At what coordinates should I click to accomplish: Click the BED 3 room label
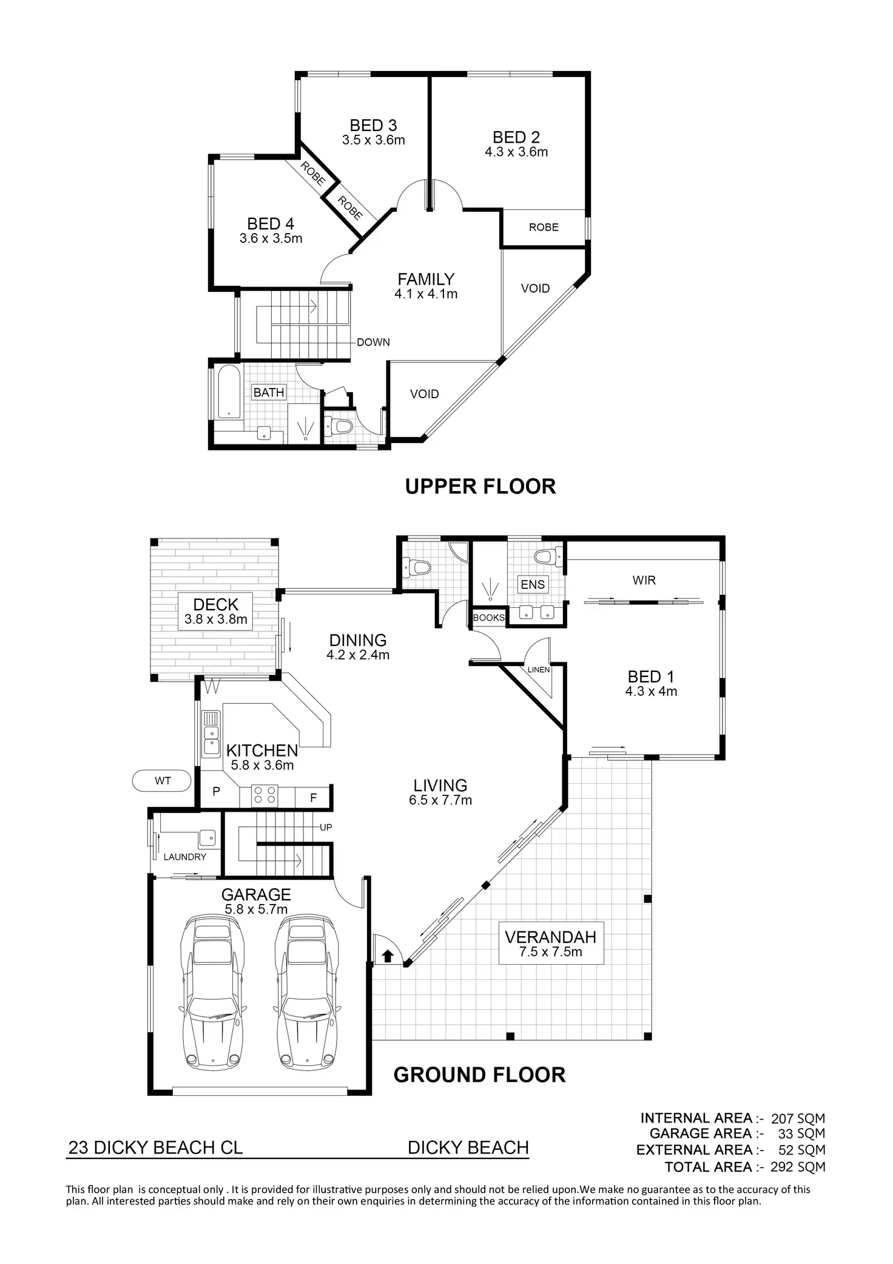pos(373,126)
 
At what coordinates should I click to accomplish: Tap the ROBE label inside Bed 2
pos(544,227)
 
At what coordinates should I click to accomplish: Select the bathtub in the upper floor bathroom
pos(229,392)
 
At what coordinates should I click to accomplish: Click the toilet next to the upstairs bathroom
pos(339,426)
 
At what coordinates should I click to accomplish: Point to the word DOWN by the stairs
pos(373,342)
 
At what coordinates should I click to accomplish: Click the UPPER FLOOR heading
pos(480,486)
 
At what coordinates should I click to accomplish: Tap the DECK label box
pos(216,611)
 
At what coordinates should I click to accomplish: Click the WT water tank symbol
pos(162,781)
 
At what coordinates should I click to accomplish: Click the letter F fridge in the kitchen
pos(314,798)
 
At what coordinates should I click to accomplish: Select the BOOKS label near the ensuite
pos(489,617)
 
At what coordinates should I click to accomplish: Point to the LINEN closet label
pos(539,670)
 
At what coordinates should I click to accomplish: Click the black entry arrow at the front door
pos(388,957)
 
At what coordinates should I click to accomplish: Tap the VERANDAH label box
pos(551,943)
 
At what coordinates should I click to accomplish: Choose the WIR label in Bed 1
pos(644,580)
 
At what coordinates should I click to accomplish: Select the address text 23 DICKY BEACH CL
pos(155,1147)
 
